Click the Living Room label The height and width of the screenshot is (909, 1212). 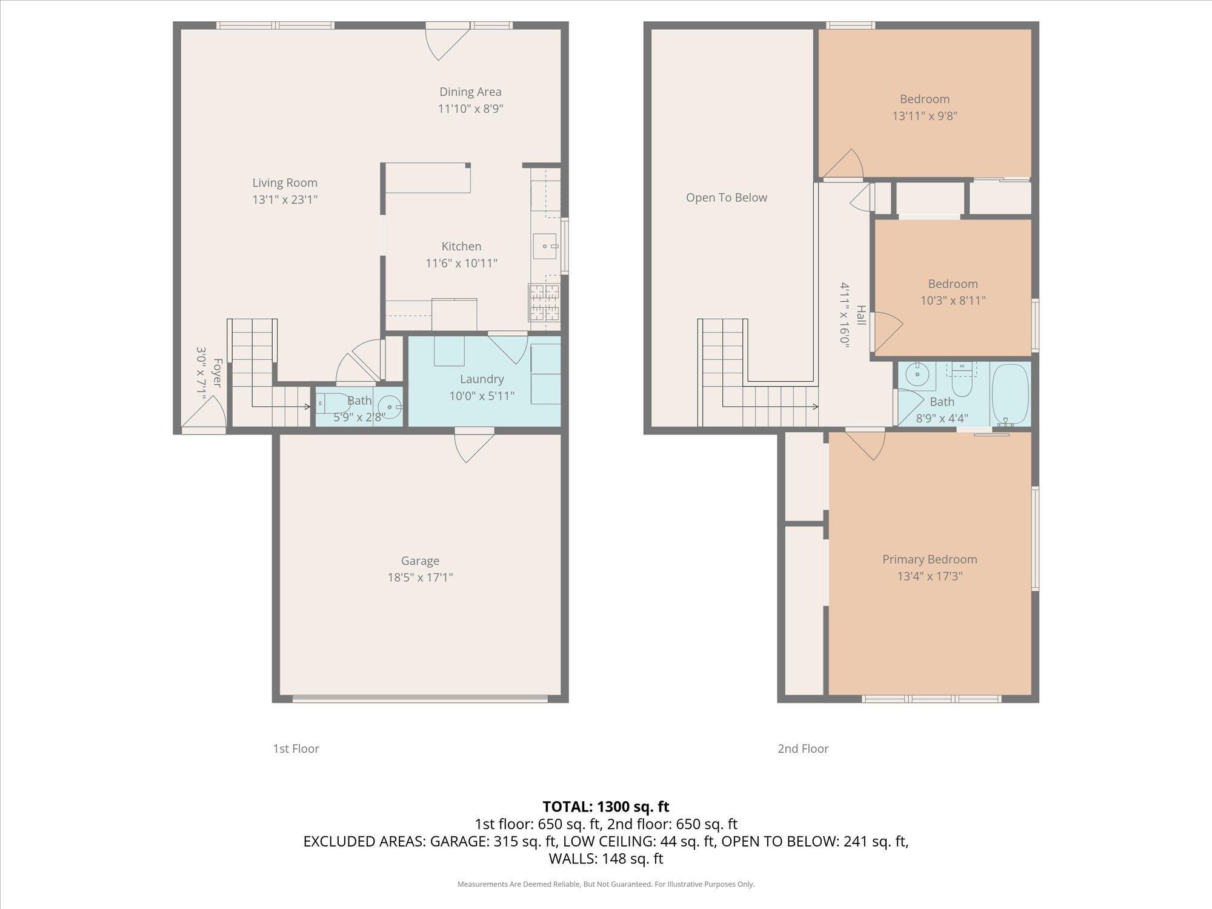pos(285,182)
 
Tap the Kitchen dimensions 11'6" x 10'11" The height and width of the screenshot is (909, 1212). pos(462,263)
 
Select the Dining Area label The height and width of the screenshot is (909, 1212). pos(470,92)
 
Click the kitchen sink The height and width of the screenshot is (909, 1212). pos(546,247)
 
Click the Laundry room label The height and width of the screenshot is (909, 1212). pos(482,379)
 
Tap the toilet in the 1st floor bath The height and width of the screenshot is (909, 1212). pos(331,402)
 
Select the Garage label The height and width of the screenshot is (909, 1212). pos(420,561)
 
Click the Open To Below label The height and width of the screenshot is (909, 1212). pos(727,198)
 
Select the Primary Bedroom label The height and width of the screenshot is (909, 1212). pos(930,559)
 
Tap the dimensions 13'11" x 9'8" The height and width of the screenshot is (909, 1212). pos(925,116)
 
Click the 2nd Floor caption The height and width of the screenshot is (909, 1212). pos(803,748)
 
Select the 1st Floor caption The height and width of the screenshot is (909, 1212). pos(296,748)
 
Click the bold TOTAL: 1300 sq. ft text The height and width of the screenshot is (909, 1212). pos(606,807)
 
